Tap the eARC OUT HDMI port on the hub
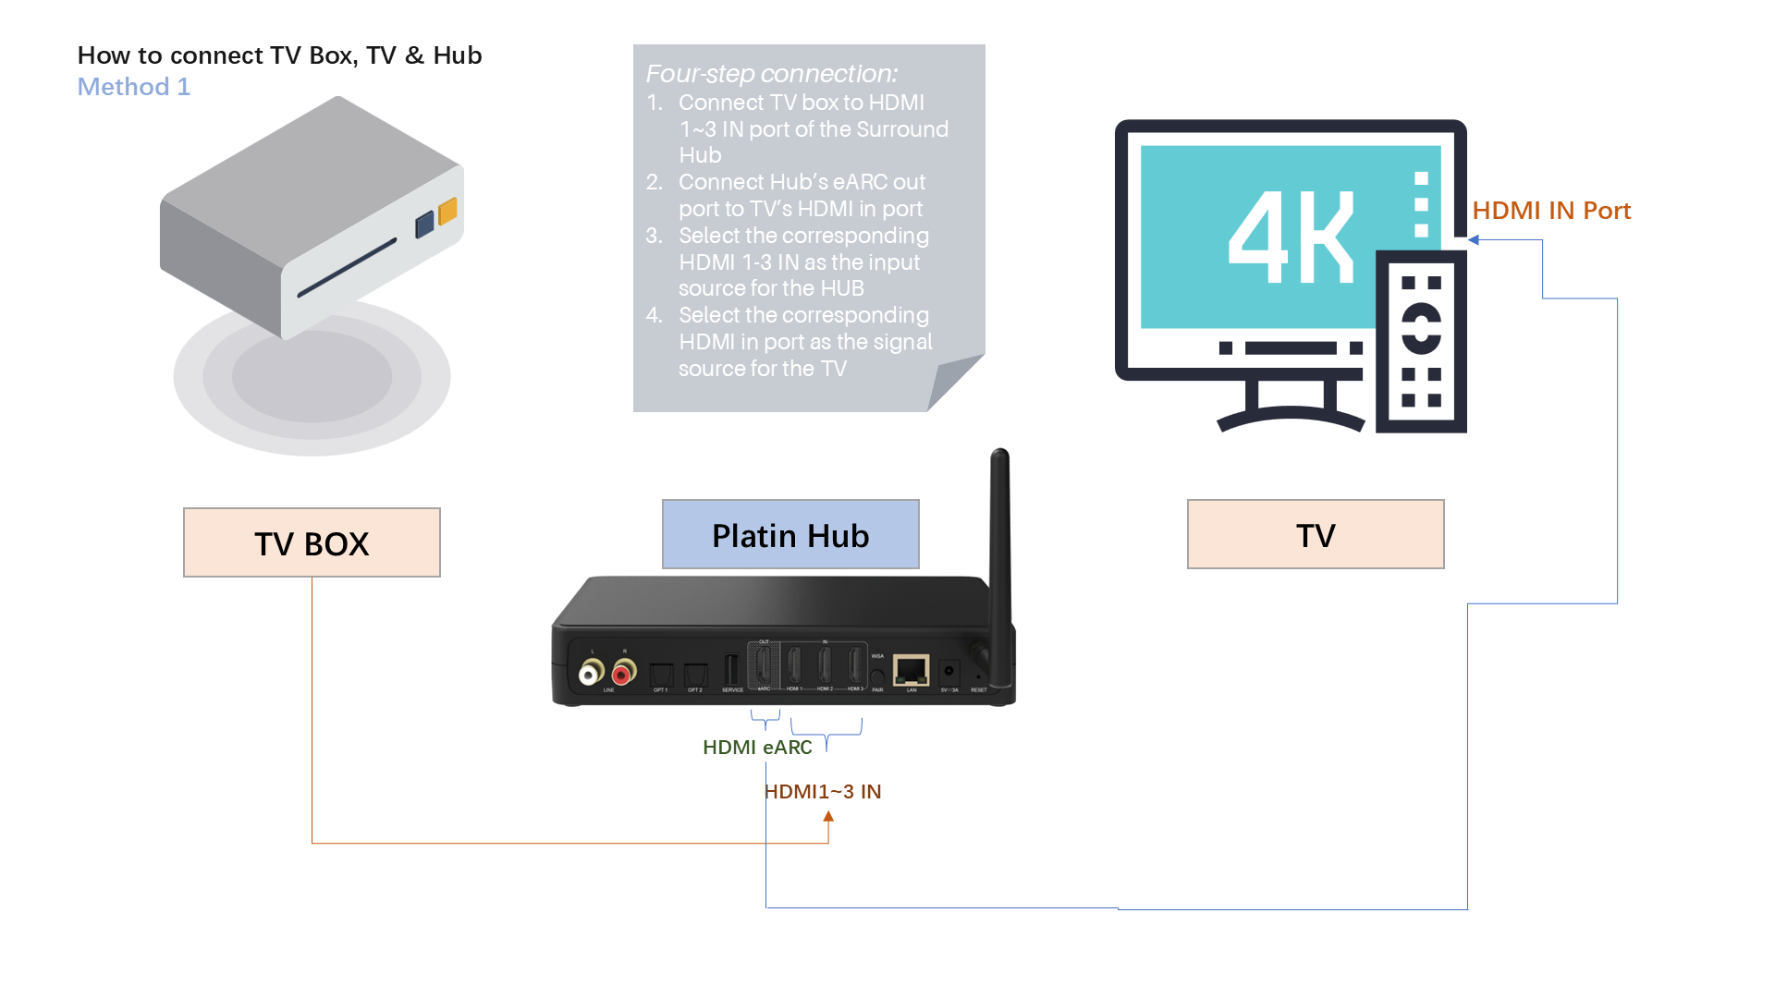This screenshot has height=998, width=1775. tap(764, 664)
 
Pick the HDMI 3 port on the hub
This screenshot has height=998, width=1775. tap(855, 664)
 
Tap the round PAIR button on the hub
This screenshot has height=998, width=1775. tap(877, 676)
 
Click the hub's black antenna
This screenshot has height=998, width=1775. tap(1000, 536)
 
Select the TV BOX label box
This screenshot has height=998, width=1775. tap(312, 542)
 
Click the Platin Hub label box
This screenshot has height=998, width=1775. tap(790, 534)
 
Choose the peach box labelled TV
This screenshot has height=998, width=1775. tap(1315, 534)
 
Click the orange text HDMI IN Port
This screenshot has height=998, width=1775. tap(1550, 211)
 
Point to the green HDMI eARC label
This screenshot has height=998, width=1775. tap(757, 747)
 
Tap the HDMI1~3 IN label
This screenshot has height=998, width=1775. tap(823, 791)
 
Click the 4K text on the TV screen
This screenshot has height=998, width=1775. tap(1291, 237)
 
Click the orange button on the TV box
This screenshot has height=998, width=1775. tap(447, 212)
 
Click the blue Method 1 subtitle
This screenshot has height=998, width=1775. tap(134, 87)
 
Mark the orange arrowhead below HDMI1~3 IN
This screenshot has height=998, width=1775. tap(828, 817)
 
